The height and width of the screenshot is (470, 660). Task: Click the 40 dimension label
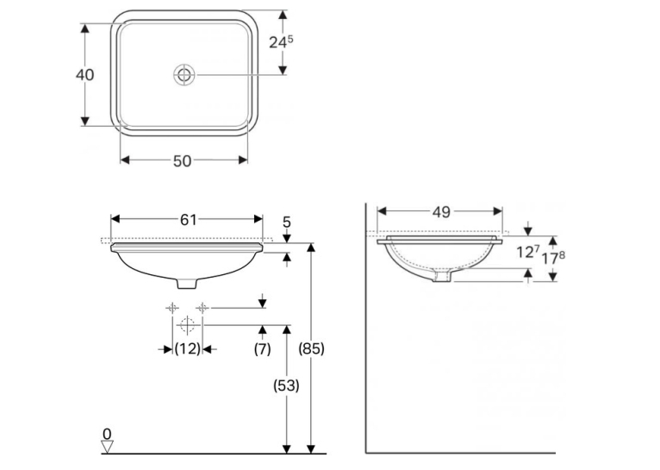[84, 75]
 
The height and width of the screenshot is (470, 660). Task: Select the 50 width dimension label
[183, 161]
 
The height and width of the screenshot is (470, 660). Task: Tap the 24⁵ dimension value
[281, 41]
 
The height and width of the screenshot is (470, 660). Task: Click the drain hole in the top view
[184, 75]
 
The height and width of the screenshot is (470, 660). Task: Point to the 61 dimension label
[188, 219]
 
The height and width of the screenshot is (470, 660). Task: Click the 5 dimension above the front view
[287, 222]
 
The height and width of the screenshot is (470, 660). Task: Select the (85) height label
[311, 348]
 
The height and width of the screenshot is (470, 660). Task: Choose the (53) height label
[286, 385]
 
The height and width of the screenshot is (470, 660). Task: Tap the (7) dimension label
[262, 348]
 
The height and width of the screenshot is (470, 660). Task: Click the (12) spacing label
[187, 348]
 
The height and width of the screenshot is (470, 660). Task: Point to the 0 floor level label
[108, 434]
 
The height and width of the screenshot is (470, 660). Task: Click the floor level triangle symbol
[108, 447]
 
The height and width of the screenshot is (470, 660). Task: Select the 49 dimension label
[441, 212]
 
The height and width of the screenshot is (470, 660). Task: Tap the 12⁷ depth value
[528, 252]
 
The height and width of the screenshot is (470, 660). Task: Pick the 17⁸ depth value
[553, 257]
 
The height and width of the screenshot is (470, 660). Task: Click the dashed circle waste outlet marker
[187, 325]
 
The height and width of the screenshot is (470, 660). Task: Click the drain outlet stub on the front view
[187, 283]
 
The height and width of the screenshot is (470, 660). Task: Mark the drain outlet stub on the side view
[442, 276]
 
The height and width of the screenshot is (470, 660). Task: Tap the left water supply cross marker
[172, 308]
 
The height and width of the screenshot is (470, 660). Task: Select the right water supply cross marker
[202, 308]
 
